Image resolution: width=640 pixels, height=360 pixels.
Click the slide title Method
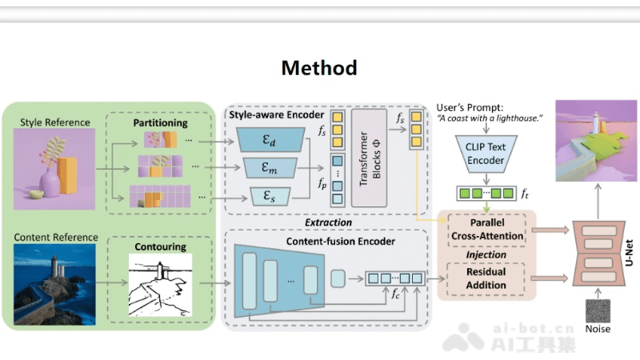[x=319, y=68]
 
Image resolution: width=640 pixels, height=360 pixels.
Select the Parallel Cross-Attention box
[x=486, y=230]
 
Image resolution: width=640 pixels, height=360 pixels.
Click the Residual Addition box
[x=486, y=278]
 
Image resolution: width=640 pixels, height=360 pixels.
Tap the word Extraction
[x=328, y=222]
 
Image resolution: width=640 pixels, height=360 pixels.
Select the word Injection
[x=486, y=254]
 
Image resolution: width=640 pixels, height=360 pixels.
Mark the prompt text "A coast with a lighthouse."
[x=490, y=118]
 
